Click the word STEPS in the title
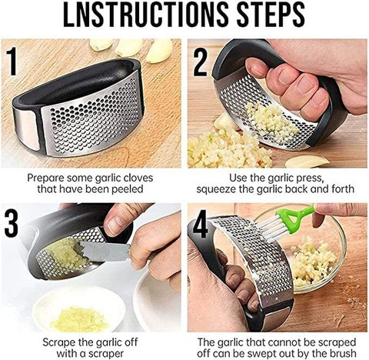pyautogui.click(x=271, y=15)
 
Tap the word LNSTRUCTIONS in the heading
pyautogui.click(x=146, y=15)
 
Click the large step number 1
pyautogui.click(x=12, y=61)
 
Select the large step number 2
pyautogui.click(x=200, y=62)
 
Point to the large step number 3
pyautogui.click(x=12, y=223)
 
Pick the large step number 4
pyautogui.click(x=200, y=224)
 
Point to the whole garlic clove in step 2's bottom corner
pyautogui.click(x=307, y=161)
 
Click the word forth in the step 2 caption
pyautogui.click(x=341, y=189)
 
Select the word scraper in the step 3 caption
pyautogui.click(x=105, y=354)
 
